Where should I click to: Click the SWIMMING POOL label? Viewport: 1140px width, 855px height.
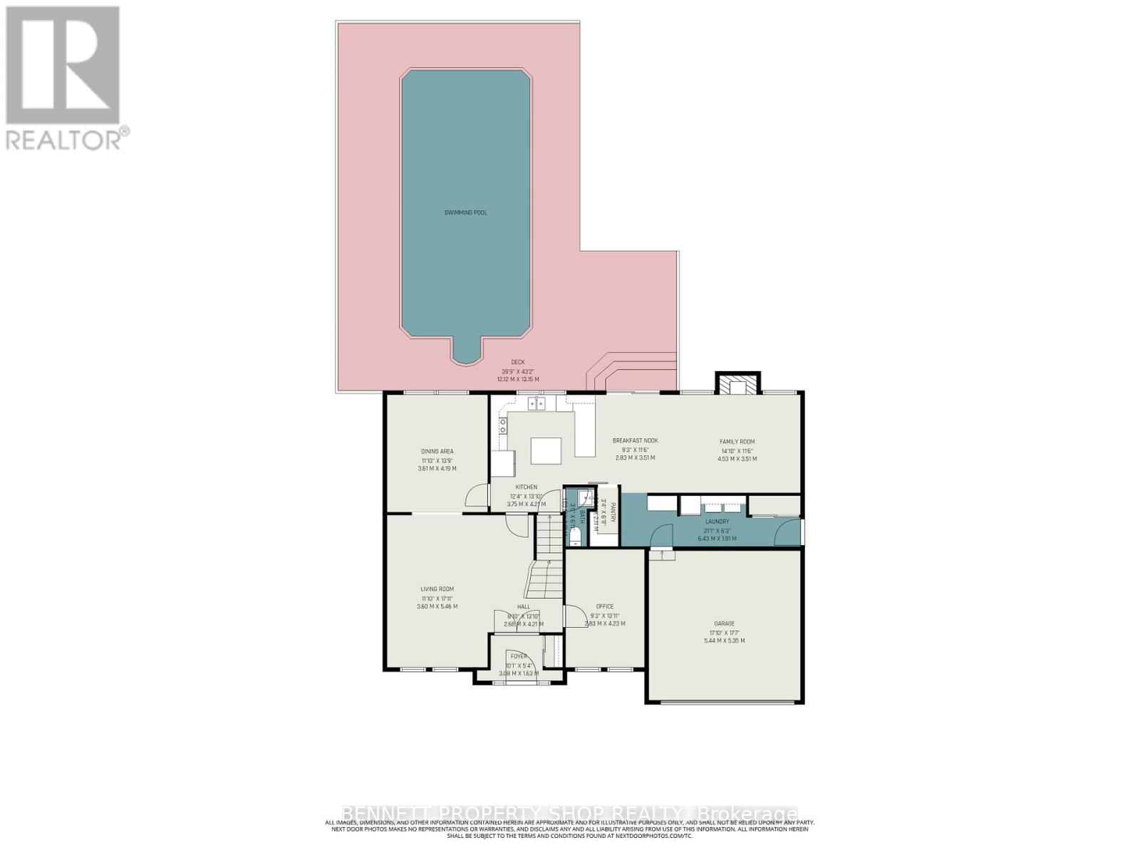[465, 212]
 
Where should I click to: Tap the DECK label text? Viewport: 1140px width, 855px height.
[517, 362]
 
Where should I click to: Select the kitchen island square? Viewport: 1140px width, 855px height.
[546, 451]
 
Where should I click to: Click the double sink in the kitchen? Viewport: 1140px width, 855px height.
[537, 404]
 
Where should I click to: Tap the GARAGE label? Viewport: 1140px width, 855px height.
[724, 623]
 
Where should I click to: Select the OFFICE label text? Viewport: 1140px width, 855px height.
[604, 606]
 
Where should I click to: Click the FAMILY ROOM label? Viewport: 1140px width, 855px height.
[737, 442]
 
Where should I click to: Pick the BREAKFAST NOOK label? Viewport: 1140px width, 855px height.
[635, 440]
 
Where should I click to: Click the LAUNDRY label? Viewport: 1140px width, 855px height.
[717, 522]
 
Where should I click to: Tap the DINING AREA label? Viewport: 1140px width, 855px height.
[437, 451]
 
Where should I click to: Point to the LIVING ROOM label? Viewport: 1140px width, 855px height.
[437, 589]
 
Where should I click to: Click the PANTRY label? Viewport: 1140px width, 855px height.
[611, 512]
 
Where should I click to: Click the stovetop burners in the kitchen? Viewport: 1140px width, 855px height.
[502, 426]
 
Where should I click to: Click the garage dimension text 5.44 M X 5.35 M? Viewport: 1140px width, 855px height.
[724, 641]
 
